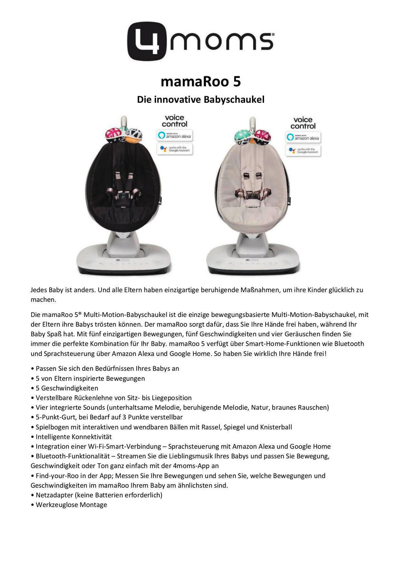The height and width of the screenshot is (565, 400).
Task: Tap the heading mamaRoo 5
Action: coord(200,82)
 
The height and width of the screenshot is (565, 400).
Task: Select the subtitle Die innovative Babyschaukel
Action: coord(200,100)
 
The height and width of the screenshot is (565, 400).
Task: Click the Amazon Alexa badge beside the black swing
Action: coord(175,136)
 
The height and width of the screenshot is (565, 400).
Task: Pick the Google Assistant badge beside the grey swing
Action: coord(303,150)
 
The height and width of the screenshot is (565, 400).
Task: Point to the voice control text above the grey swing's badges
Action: coord(303,123)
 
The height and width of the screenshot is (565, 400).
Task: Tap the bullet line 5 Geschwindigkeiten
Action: coord(67,388)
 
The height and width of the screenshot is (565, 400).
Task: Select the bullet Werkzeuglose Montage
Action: coord(71,505)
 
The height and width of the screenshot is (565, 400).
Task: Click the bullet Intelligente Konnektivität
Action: coord(74,437)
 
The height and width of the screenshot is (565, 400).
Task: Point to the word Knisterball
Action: coord(276,427)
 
